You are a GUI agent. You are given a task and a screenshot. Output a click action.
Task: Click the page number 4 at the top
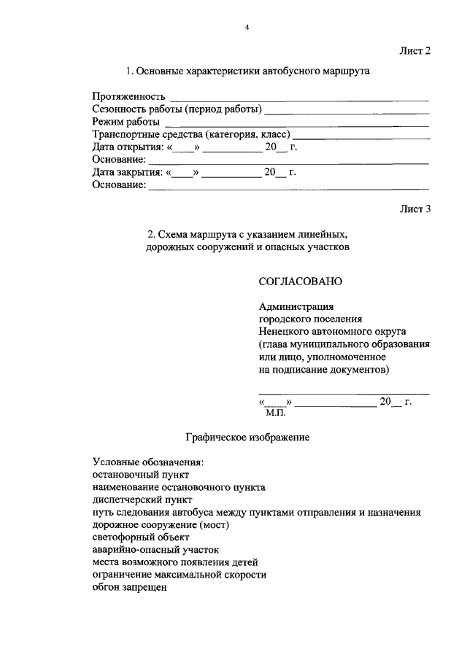coord(247,28)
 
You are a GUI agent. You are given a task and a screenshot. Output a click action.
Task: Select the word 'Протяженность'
coord(128,97)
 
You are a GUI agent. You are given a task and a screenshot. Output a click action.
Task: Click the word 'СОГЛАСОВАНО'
coord(300,281)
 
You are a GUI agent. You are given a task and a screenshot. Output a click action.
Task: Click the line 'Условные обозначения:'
coord(148,462)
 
